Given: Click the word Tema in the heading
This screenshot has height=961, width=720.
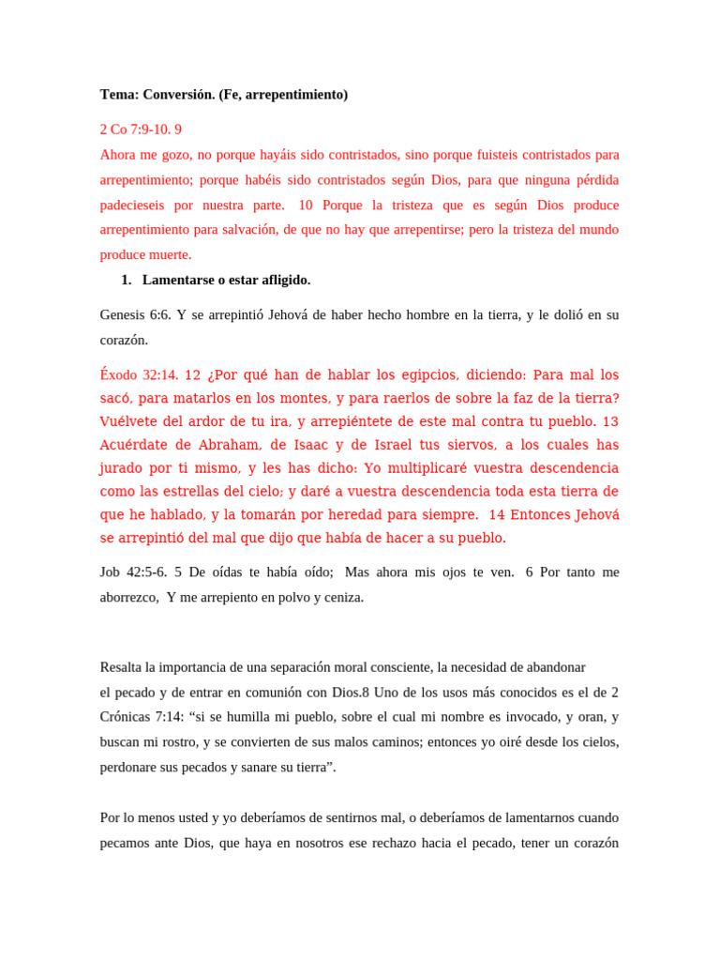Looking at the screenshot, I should pos(118,95).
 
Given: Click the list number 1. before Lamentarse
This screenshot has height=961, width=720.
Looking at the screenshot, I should pos(127,280).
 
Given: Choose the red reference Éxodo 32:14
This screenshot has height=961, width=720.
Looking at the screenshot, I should pos(139,374).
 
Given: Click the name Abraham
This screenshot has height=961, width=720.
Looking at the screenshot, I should pos(226,445).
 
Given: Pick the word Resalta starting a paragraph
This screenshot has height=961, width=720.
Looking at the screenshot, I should pos(122,667).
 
